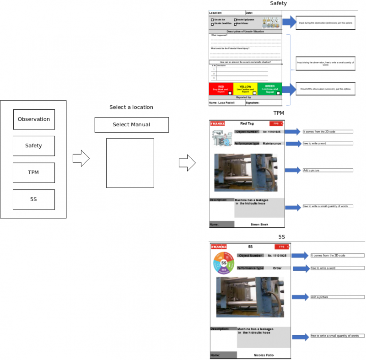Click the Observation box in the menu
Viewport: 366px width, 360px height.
(34, 119)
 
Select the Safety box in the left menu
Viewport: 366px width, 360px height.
(34, 146)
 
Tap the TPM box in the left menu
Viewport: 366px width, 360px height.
(34, 172)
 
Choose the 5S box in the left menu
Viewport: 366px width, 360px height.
(34, 199)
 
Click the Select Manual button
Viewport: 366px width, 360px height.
(131, 125)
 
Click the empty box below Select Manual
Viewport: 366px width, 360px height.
(130, 163)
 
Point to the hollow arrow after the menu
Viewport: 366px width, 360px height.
(81, 159)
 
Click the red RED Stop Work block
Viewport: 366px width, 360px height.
(221, 89)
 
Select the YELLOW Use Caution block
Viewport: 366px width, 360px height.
(245, 89)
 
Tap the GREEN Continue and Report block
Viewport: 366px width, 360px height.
(269, 89)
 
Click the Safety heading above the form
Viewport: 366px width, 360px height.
(278, 4)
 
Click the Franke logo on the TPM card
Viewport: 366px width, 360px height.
(217, 124)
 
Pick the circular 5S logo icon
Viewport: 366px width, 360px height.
(224, 263)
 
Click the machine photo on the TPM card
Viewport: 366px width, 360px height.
(246, 172)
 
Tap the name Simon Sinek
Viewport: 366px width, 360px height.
(259, 225)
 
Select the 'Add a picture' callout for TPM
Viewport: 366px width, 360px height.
(328, 170)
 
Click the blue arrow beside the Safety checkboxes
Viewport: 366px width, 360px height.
(289, 22)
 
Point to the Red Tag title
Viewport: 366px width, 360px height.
(247, 124)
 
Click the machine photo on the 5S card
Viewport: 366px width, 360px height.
(250, 298)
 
